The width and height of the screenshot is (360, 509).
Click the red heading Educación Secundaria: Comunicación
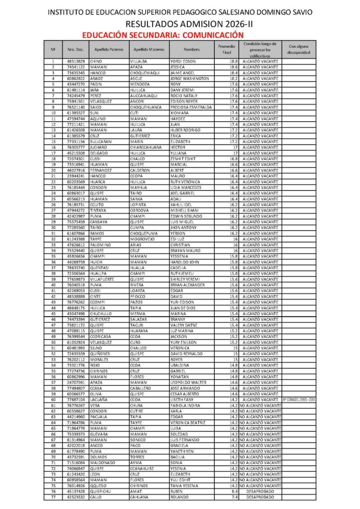[163, 35]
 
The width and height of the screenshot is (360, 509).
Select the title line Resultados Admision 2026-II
[180, 24]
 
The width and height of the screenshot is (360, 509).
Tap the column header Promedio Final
[227, 49]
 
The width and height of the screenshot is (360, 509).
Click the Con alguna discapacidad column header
[299, 49]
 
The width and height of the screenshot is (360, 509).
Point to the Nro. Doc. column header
[76, 50]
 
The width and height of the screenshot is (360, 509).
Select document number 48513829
[76, 61]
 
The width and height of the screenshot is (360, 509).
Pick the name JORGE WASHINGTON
[189, 79]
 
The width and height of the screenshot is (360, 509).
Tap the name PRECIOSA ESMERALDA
[191, 107]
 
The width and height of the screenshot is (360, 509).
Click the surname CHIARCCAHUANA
[146, 147]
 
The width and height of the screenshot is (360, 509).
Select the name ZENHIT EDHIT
[183, 159]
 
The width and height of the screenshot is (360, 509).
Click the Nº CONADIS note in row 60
[299, 400]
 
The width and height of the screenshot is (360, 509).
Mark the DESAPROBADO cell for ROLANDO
[260, 497]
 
